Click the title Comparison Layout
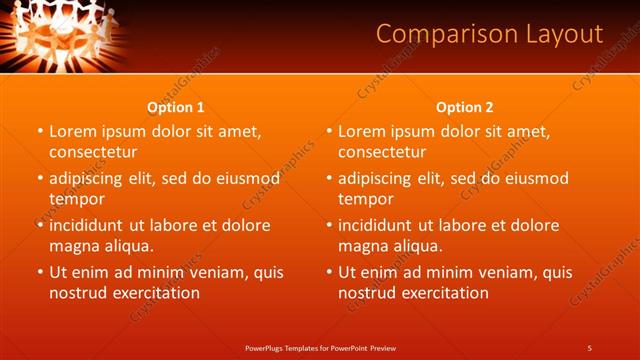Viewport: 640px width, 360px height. pos(489,34)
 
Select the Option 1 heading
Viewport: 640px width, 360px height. pos(176,107)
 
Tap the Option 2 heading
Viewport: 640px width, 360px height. pos(465,107)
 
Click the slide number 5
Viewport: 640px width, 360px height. pos(589,347)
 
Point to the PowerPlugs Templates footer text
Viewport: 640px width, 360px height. pos(320,347)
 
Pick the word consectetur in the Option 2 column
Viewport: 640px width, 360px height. pos(382,152)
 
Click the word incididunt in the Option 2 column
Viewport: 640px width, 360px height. pos(386,225)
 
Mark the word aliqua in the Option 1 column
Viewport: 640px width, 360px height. pos(129,246)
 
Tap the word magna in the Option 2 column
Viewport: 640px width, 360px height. pos(362,246)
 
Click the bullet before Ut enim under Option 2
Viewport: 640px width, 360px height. pos(329,272)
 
